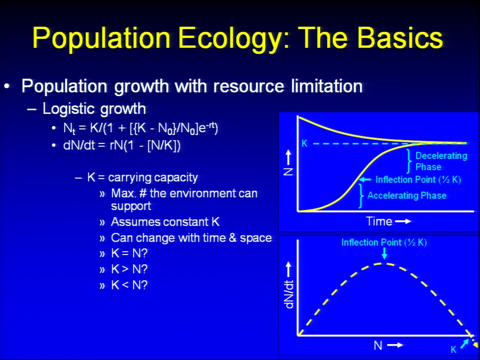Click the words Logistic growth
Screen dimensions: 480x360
94,109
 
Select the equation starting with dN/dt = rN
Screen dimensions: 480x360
122,145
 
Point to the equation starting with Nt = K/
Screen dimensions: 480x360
140,127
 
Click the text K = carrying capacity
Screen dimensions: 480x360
142,177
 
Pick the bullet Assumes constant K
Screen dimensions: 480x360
165,221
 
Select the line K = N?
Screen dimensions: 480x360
129,253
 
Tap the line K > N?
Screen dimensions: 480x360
129,269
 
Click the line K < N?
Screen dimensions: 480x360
129,285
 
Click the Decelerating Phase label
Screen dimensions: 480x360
441,161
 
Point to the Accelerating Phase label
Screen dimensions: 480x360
407,195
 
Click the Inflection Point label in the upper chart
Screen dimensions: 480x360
418,179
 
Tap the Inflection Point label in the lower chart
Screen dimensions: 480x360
384,242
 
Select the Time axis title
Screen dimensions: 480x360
379,221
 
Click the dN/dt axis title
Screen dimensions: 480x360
288,294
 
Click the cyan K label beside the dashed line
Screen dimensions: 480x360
304,143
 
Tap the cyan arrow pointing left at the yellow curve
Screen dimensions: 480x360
364,179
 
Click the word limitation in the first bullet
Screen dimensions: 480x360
326,86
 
